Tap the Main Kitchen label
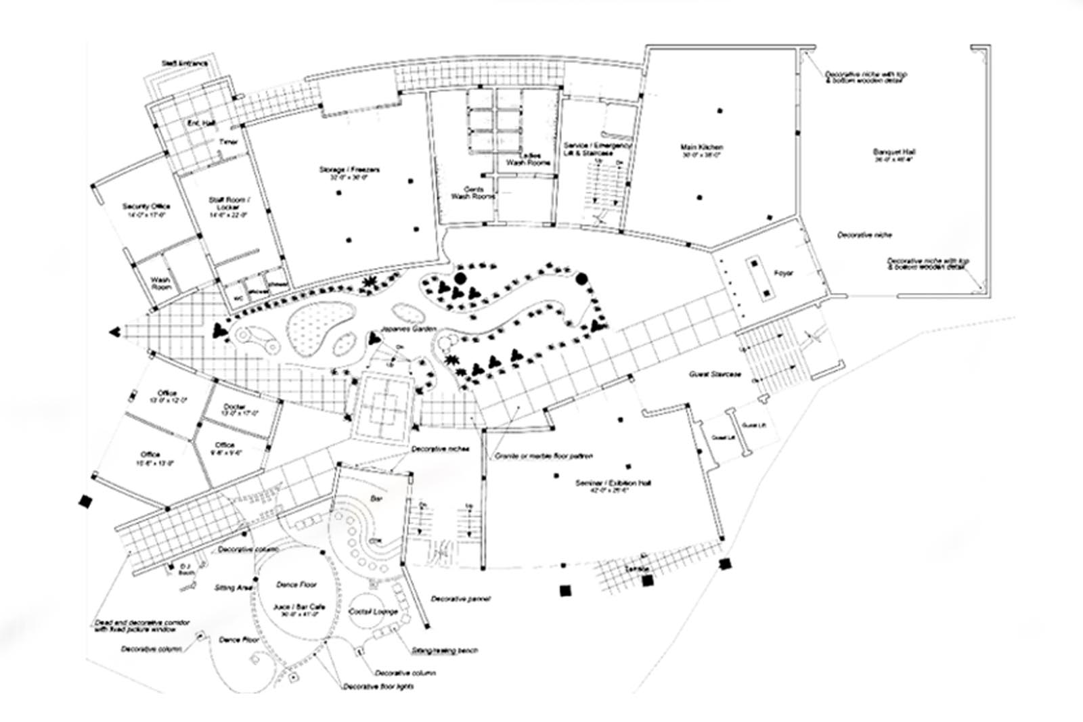(x=702, y=148)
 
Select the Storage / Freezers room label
(x=349, y=169)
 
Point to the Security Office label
(x=146, y=206)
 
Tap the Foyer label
(x=783, y=273)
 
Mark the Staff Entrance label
(x=184, y=64)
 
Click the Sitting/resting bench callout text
(x=445, y=650)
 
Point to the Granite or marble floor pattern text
(x=544, y=457)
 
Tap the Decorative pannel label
(x=460, y=599)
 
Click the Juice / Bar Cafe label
(x=299, y=607)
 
